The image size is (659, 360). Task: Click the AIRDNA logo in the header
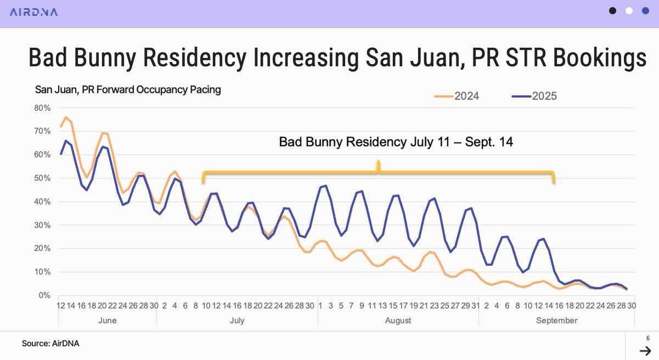[x=33, y=12]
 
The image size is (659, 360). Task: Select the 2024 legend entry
[x=456, y=96]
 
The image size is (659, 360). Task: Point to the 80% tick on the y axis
[x=42, y=108]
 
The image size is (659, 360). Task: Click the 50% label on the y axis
[x=42, y=178]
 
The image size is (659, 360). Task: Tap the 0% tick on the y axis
[x=44, y=296]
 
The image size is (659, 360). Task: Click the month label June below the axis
[x=107, y=320]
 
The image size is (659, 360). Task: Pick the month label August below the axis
[x=398, y=320]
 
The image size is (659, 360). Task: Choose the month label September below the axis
[x=557, y=320]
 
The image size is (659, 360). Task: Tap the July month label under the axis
[x=237, y=320]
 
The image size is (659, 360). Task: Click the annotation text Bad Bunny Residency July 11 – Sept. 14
[x=395, y=142]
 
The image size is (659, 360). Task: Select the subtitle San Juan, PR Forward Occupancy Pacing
[x=128, y=89]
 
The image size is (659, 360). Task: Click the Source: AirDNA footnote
[x=47, y=344]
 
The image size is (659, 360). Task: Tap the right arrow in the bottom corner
[x=645, y=351]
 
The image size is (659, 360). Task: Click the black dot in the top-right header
[x=613, y=10]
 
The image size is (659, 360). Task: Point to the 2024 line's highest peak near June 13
[x=65, y=117]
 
